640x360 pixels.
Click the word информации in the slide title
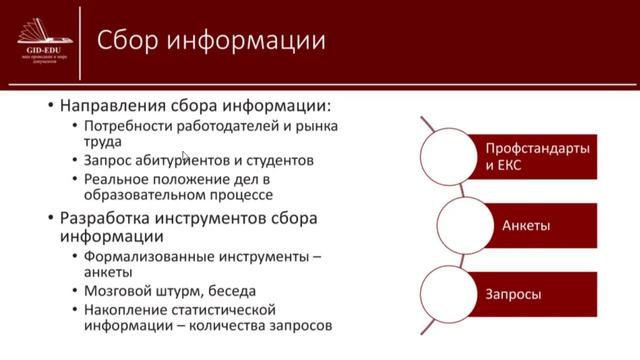tap(247, 41)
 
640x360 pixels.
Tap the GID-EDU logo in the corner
tap(41, 40)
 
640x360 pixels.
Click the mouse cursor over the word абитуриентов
tap(185, 156)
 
